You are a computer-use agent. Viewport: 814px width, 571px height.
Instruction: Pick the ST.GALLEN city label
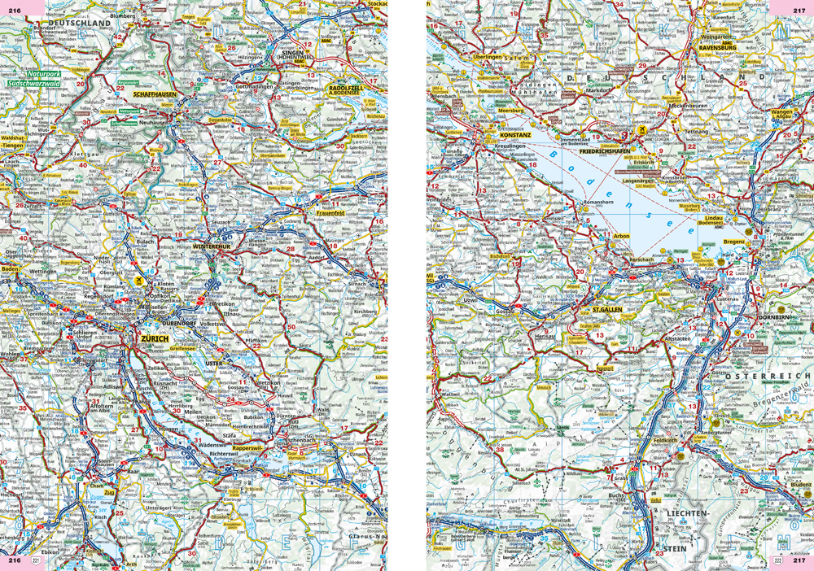[608, 309]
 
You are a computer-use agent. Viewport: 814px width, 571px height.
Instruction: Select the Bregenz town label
[734, 242]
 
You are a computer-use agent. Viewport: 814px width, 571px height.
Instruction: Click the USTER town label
[214, 361]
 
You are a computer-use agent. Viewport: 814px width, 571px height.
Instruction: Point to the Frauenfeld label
[331, 215]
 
